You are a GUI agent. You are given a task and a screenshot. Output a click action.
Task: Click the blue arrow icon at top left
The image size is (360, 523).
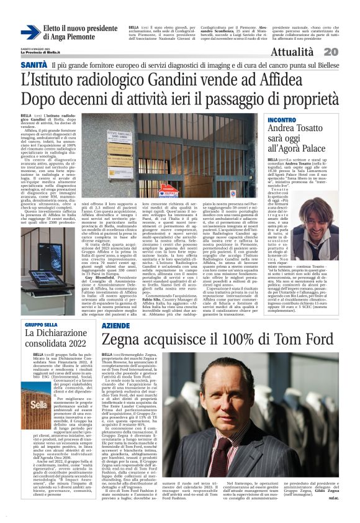[x=30, y=33]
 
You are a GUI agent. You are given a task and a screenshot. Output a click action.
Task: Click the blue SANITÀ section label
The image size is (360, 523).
[x=34, y=65]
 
